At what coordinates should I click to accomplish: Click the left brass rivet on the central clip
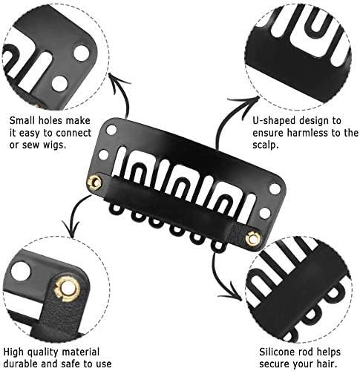94,183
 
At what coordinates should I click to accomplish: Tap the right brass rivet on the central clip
252,238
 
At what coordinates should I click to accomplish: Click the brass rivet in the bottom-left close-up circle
67,289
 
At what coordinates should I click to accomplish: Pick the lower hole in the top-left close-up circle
59,83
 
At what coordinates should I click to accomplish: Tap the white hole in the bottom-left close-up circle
22,272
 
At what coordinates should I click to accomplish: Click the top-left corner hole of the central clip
111,130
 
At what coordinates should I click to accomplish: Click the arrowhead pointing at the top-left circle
117,80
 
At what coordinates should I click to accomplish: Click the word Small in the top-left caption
22,121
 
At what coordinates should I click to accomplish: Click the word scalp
266,145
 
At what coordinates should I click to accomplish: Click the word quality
45,352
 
